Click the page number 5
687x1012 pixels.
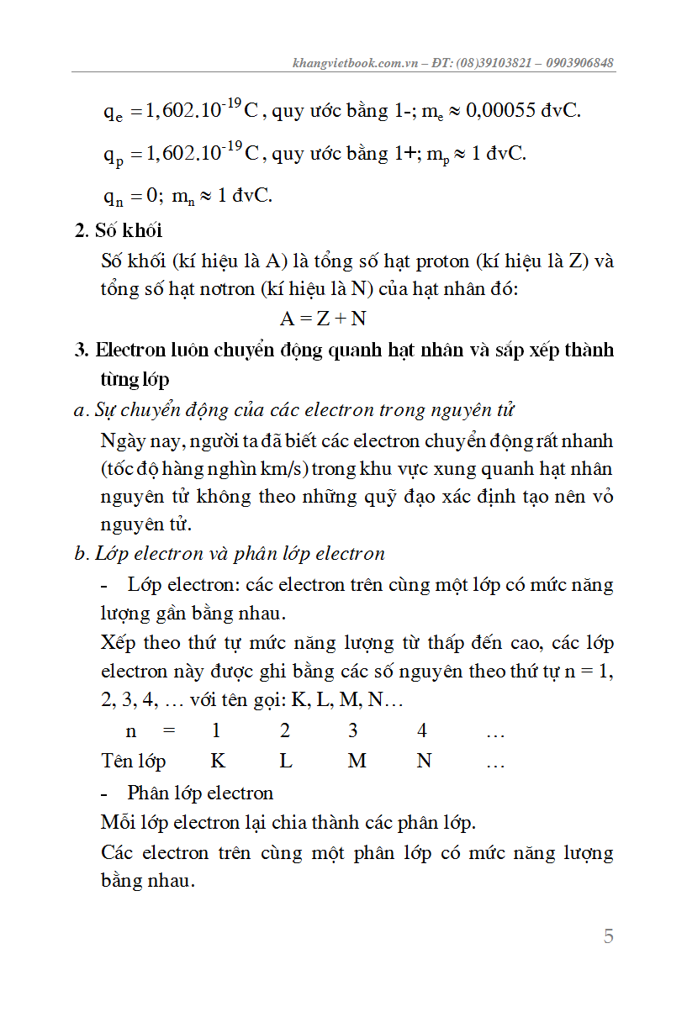pyautogui.click(x=608, y=936)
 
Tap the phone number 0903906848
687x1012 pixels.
pyautogui.click(x=579, y=63)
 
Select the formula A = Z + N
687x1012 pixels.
pyautogui.click(x=323, y=319)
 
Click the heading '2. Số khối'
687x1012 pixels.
pyautogui.click(x=119, y=230)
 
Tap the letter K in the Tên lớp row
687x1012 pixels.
pyautogui.click(x=218, y=762)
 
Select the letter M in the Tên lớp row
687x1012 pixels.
pyautogui.click(x=357, y=762)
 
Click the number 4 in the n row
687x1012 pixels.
pyautogui.click(x=422, y=731)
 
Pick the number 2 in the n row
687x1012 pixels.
pyautogui.click(x=285, y=731)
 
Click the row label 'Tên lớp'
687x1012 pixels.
pyautogui.click(x=134, y=762)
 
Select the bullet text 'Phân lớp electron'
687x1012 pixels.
pyautogui.click(x=200, y=793)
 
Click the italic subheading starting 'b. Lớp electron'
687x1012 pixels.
pyautogui.click(x=229, y=554)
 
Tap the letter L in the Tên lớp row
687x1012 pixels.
pyautogui.click(x=286, y=762)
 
